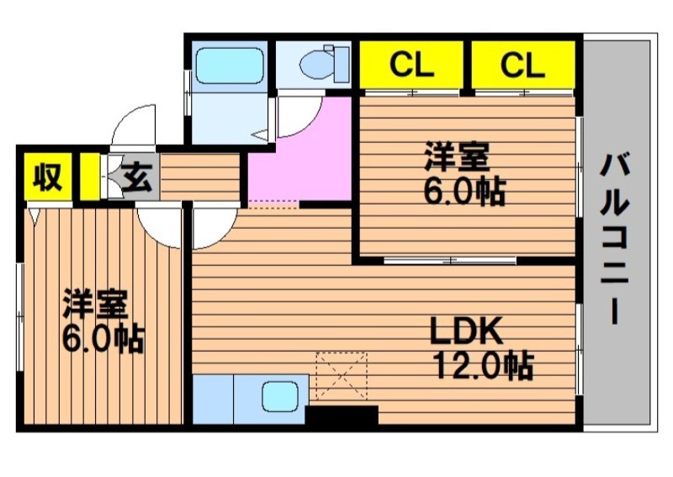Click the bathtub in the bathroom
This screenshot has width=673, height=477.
coord(230,66)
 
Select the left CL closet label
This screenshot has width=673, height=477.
coord(411,65)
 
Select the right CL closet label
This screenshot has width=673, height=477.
coord(522,65)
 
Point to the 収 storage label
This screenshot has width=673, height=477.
coord(48,177)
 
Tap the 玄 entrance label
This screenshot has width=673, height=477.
coord(138,178)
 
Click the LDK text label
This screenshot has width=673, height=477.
coord(467,331)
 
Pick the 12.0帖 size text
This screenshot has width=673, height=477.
coord(485,366)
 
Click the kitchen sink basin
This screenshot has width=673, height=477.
coord(280,396)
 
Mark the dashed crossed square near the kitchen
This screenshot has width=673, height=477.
coord(342,377)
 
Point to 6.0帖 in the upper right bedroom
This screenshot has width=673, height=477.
coord(465,191)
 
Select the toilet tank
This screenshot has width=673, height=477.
coord(342,65)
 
